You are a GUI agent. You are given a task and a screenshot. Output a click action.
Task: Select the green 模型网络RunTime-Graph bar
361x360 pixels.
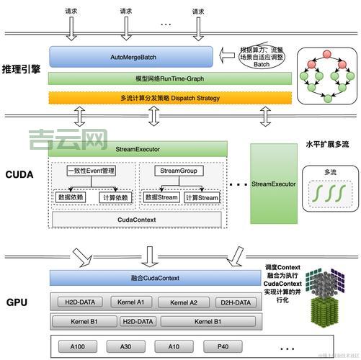(x=170, y=78)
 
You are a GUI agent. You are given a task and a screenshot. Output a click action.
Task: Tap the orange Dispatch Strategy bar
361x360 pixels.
(x=170, y=97)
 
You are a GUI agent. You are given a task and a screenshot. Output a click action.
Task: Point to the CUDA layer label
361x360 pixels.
(x=19, y=175)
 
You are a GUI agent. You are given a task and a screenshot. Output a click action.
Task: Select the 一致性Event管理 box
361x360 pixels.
(x=91, y=171)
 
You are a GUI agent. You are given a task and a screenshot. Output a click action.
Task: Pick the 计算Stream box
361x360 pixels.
(x=201, y=197)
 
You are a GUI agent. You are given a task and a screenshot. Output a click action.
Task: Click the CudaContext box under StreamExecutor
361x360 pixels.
(x=136, y=220)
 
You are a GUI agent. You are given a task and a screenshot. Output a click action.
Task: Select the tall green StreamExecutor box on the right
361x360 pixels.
(x=273, y=184)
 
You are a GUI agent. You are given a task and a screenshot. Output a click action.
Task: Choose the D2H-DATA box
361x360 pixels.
(x=236, y=302)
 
